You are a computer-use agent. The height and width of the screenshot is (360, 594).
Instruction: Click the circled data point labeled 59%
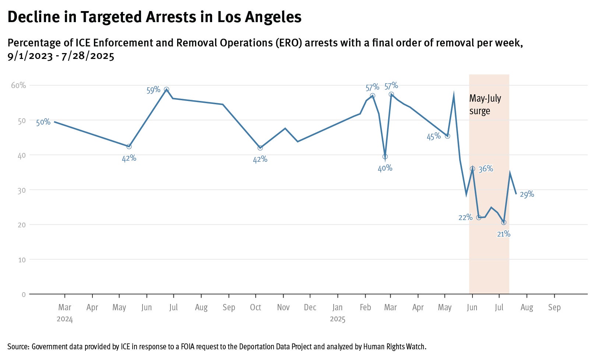[166, 90]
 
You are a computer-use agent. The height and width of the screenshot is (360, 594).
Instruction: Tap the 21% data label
[503, 234]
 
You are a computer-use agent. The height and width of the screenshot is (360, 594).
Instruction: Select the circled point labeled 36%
[472, 169]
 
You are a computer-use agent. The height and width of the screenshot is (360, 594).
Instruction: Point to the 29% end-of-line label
[527, 195]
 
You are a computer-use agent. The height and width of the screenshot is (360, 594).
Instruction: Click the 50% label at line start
[43, 122]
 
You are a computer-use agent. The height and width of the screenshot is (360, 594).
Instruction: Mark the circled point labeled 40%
[385, 157]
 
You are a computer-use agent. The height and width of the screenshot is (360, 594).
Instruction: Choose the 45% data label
[433, 137]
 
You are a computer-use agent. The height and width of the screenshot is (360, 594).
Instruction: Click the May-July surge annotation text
[485, 105]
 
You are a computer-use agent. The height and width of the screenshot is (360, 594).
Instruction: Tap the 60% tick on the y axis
[18, 85]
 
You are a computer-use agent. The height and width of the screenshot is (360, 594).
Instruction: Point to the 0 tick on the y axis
[24, 294]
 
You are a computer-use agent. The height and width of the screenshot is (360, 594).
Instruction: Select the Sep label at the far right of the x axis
[554, 307]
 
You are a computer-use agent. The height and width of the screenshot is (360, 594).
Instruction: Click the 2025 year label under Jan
[337, 319]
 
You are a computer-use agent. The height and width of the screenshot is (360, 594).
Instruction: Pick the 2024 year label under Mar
[65, 319]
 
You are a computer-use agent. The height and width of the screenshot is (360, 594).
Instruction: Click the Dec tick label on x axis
[310, 307]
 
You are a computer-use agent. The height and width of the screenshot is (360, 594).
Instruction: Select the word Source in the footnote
[18, 347]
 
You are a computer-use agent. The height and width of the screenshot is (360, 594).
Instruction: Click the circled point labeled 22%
[479, 218]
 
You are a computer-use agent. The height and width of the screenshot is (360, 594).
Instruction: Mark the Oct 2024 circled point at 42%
[260, 148]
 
